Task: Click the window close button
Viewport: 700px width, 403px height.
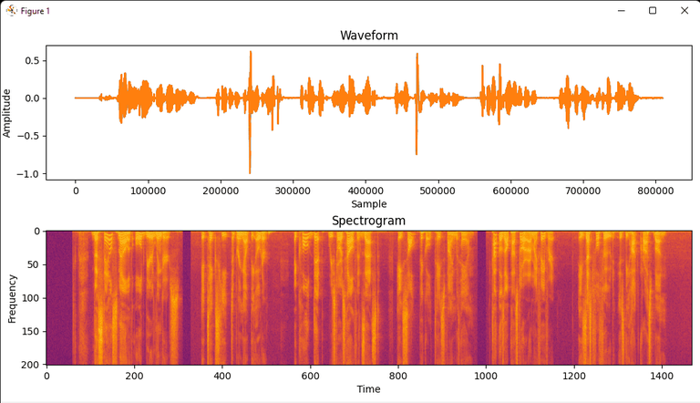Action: pyautogui.click(x=685, y=11)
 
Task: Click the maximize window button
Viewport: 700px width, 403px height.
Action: pyautogui.click(x=653, y=11)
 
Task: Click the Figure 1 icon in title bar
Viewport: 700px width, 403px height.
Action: pyautogui.click(x=11, y=11)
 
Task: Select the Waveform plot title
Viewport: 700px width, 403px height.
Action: pyautogui.click(x=369, y=36)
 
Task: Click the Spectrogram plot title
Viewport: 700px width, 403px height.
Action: pyautogui.click(x=369, y=221)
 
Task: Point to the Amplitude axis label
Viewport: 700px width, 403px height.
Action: pyautogui.click(x=7, y=113)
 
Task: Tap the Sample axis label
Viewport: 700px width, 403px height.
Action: pyautogui.click(x=369, y=204)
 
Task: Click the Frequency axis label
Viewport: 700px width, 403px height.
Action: pyautogui.click(x=12, y=297)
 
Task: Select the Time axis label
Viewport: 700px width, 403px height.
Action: pyautogui.click(x=369, y=389)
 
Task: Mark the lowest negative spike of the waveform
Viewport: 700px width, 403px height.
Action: pyautogui.click(x=250, y=172)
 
